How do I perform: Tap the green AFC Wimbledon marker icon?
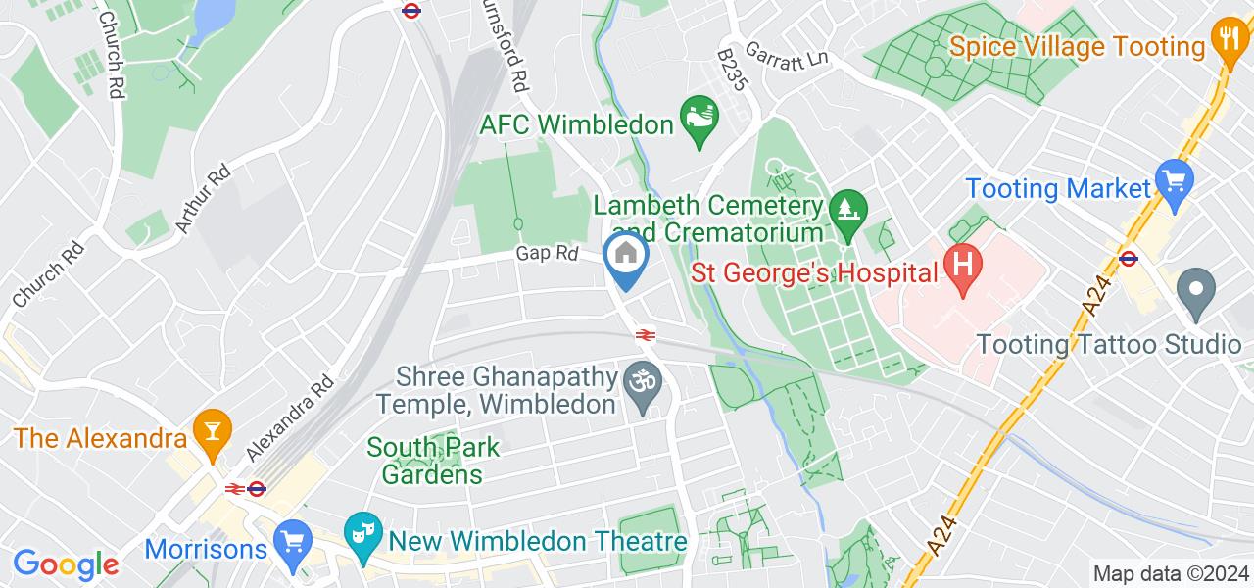coord(699,121)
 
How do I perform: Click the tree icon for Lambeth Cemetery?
coord(844,209)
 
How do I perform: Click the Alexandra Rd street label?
coord(292,416)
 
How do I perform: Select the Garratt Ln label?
coord(787,53)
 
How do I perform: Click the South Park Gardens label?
coord(433,461)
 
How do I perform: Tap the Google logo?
coord(66,564)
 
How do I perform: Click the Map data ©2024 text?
coord(1171,573)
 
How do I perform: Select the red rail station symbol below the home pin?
coord(645,335)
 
